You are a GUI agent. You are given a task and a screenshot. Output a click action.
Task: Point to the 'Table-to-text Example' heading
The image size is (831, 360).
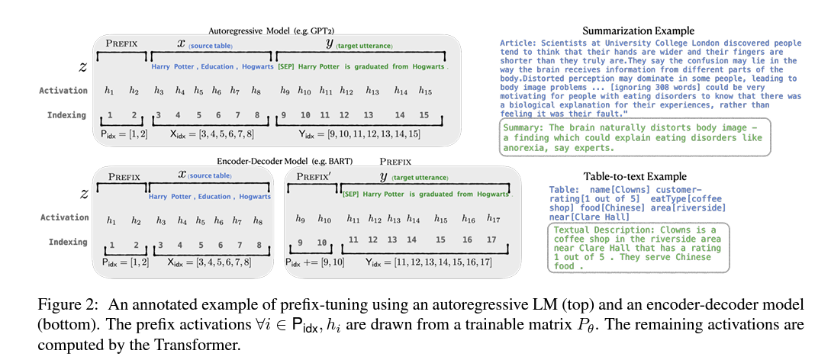[x=634, y=176]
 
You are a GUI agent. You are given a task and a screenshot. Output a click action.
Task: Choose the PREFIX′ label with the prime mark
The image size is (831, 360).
[x=313, y=176]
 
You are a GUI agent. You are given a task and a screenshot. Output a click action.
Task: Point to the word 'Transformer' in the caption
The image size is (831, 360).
[x=205, y=345]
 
